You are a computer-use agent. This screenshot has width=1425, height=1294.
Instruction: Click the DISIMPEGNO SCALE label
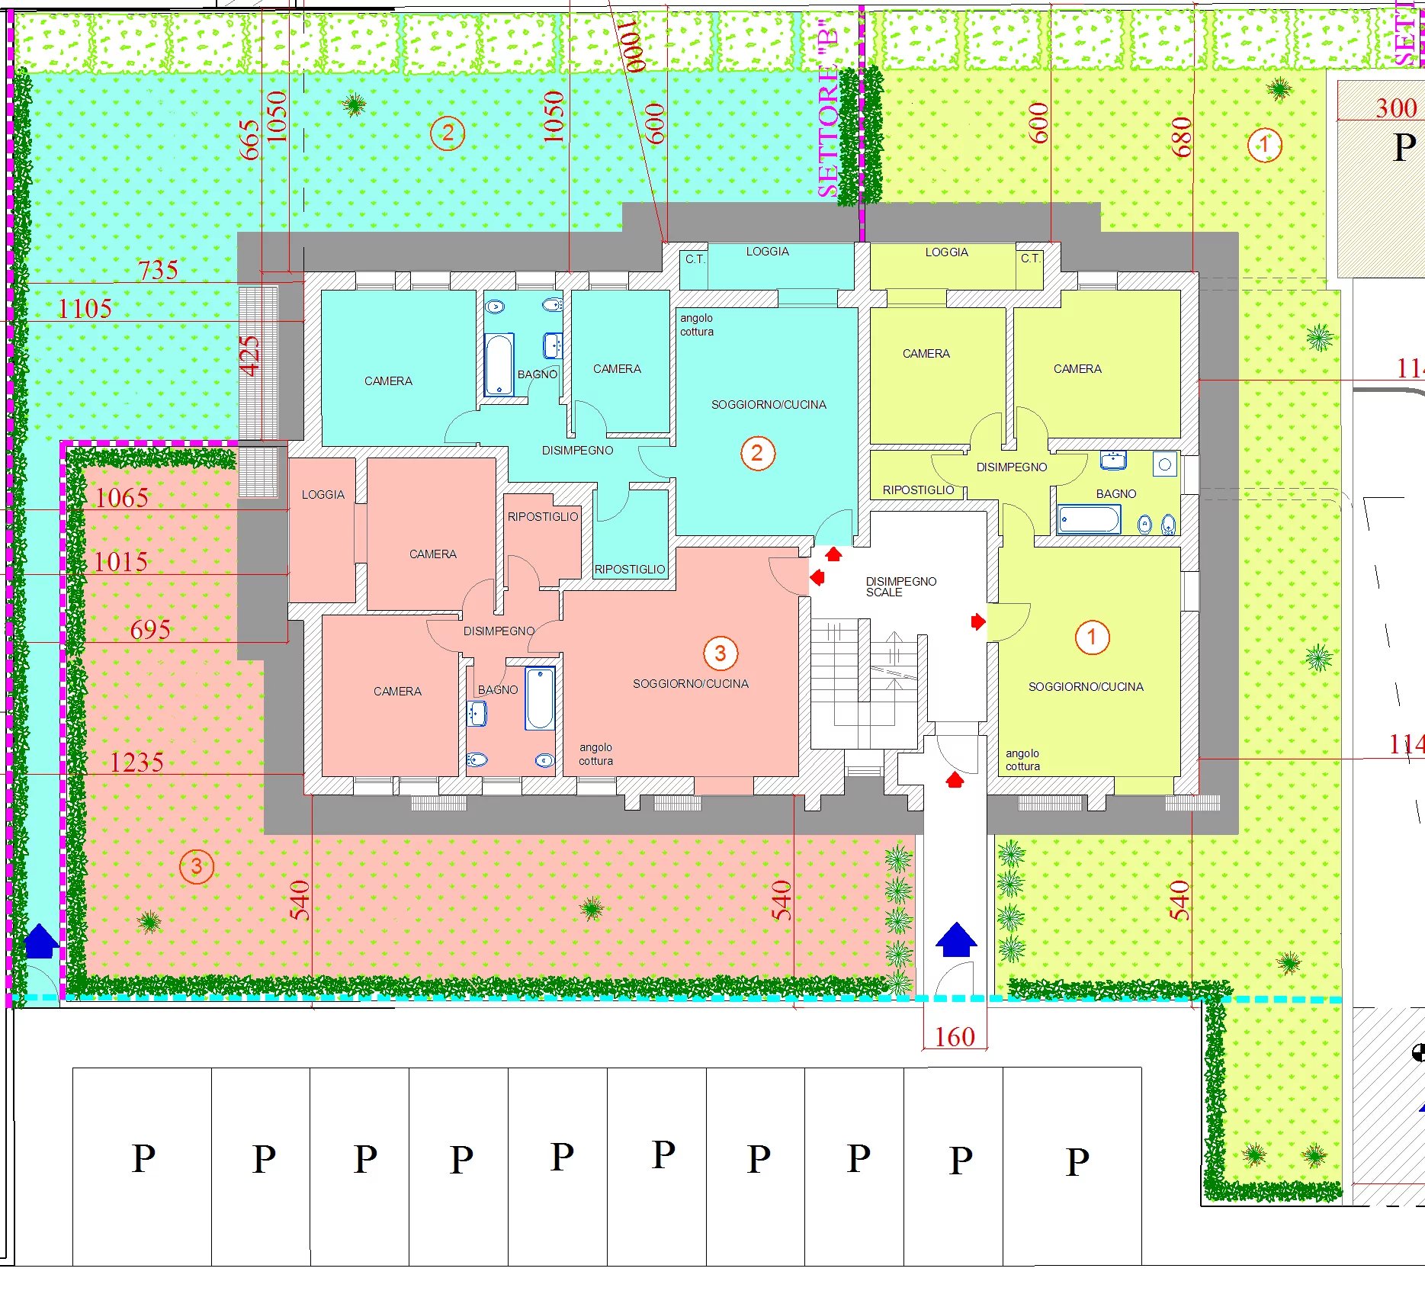click(900, 586)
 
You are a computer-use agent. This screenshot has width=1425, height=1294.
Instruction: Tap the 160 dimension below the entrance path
click(955, 1037)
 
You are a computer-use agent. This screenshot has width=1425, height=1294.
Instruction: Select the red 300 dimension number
click(1396, 108)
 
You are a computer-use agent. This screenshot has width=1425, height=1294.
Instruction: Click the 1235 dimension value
click(136, 762)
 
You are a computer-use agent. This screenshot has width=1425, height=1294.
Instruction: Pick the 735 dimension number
click(158, 270)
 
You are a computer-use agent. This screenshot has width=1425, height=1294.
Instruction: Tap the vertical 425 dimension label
click(250, 356)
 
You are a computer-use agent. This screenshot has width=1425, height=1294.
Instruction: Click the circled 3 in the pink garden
click(197, 866)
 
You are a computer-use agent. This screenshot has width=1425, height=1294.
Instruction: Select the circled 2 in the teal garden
click(448, 133)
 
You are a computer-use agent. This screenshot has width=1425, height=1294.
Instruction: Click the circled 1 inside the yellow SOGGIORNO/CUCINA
click(1092, 637)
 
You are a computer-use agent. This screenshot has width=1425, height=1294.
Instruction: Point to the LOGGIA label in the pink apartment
click(323, 495)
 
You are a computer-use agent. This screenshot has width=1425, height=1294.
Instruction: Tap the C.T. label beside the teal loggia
click(695, 259)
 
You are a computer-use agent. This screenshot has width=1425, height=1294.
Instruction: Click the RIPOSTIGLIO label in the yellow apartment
click(918, 490)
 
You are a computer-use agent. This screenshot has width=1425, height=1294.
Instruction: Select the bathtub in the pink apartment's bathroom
click(540, 698)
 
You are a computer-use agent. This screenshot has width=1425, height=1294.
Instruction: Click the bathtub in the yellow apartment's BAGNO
click(1089, 520)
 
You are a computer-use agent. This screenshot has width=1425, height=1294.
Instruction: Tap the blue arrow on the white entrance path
click(956, 939)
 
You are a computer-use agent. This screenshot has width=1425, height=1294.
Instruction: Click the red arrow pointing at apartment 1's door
click(978, 622)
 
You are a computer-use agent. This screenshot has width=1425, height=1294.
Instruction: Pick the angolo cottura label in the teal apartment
click(697, 325)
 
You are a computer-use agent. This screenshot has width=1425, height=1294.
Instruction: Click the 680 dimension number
click(1181, 137)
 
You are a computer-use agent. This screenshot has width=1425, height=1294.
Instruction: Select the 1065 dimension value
click(122, 498)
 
